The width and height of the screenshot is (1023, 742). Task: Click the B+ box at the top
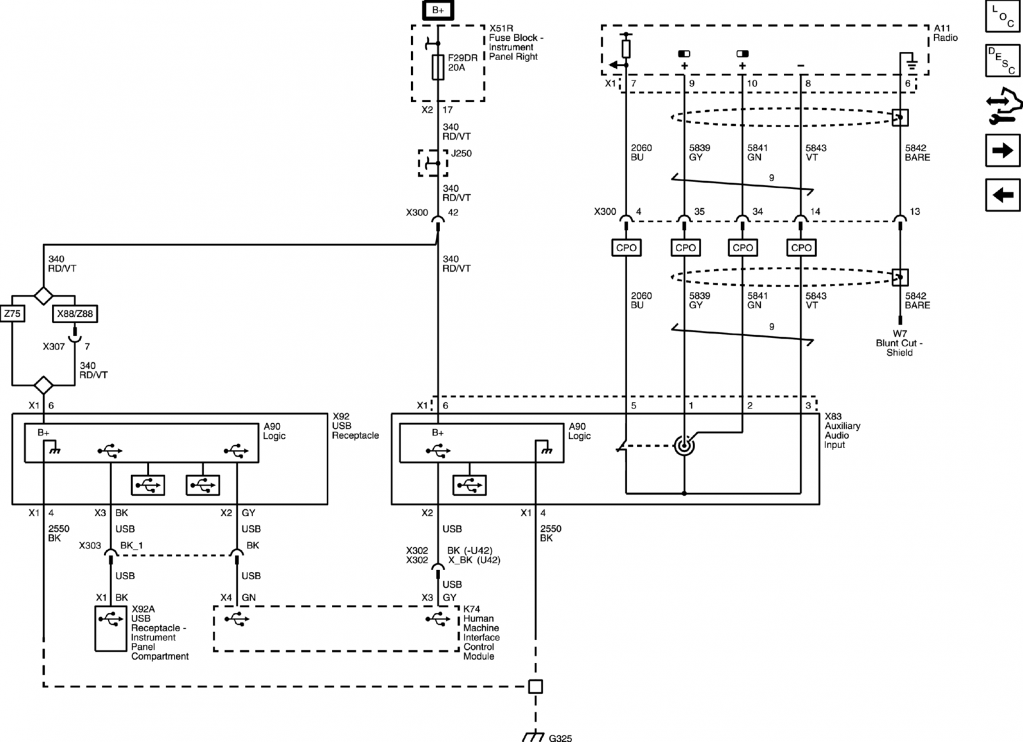pos(437,10)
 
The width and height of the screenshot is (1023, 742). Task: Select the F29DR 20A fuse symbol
pos(438,68)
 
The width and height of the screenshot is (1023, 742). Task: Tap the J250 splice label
pos(461,153)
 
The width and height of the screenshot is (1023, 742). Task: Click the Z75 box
pos(12,314)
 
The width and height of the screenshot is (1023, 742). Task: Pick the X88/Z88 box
pos(75,314)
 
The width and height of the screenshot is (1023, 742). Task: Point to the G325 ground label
pos(560,738)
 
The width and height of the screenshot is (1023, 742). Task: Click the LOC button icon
pos(1003,17)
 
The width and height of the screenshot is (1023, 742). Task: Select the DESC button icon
pos(1003,60)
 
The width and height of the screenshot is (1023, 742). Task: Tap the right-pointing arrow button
pos(1003,150)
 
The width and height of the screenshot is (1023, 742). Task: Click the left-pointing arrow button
pos(1003,195)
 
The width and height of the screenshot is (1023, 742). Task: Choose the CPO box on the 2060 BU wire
pos(626,247)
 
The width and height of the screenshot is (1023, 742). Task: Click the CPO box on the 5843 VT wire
pos(801,247)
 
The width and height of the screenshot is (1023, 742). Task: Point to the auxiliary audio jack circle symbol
pos(684,445)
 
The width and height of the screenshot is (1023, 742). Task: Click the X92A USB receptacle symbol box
pos(111,628)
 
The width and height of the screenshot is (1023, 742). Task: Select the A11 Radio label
pos(946,33)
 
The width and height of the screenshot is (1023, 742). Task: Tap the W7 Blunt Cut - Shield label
pos(899,343)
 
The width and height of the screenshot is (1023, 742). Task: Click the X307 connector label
pos(54,346)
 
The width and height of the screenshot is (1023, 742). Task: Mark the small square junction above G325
pos(535,687)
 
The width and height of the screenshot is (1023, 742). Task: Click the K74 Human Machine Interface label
pos(481,633)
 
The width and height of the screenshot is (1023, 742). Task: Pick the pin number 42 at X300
pos(453,212)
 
